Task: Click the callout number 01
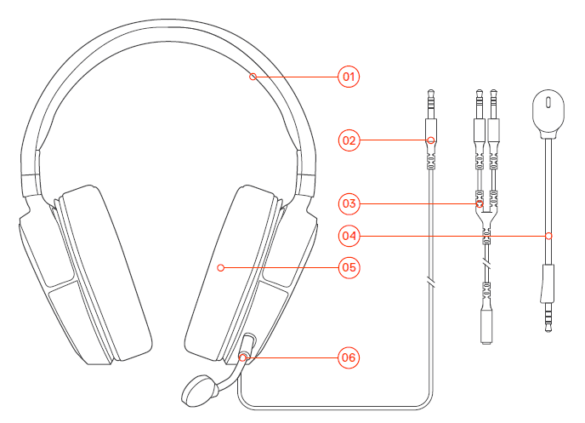(x=347, y=77)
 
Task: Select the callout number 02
(x=347, y=140)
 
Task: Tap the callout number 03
(x=347, y=203)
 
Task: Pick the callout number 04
(x=347, y=235)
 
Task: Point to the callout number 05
(x=347, y=267)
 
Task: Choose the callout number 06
(x=347, y=357)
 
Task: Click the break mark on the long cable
(x=431, y=281)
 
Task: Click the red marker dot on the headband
(x=253, y=77)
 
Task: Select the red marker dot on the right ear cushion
(x=220, y=267)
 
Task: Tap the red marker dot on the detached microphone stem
(x=548, y=235)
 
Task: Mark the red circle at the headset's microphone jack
(x=244, y=357)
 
